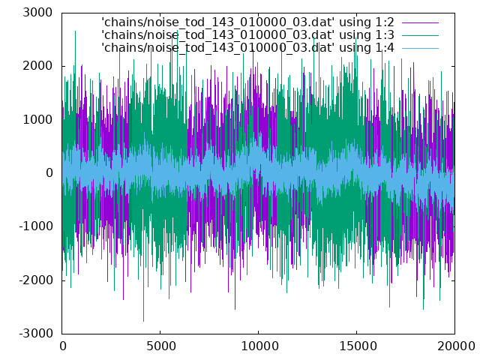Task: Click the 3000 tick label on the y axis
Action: [x=37, y=13]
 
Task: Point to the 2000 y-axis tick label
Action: [x=37, y=66]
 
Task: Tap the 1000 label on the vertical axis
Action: [x=37, y=120]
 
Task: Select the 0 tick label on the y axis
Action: [x=49, y=173]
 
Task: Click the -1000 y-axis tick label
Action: [x=36, y=226]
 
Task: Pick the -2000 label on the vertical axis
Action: [x=36, y=280]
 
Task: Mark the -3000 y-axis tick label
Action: [x=36, y=333]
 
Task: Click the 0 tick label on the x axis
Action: [x=63, y=346]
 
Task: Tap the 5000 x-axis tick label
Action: [x=161, y=346]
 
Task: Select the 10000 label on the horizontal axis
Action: [x=259, y=346]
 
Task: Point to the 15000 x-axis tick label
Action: [x=358, y=346]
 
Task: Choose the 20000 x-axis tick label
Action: [x=456, y=346]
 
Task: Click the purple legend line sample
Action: [x=420, y=22]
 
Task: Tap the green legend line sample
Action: [x=420, y=35]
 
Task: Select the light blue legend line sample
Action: [x=420, y=48]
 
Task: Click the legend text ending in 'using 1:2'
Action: [x=247, y=22]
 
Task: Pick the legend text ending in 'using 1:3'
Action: [x=247, y=35]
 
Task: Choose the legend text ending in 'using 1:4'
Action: [x=247, y=48]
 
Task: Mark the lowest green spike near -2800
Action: [x=143, y=320]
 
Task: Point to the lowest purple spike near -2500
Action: [x=235, y=308]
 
